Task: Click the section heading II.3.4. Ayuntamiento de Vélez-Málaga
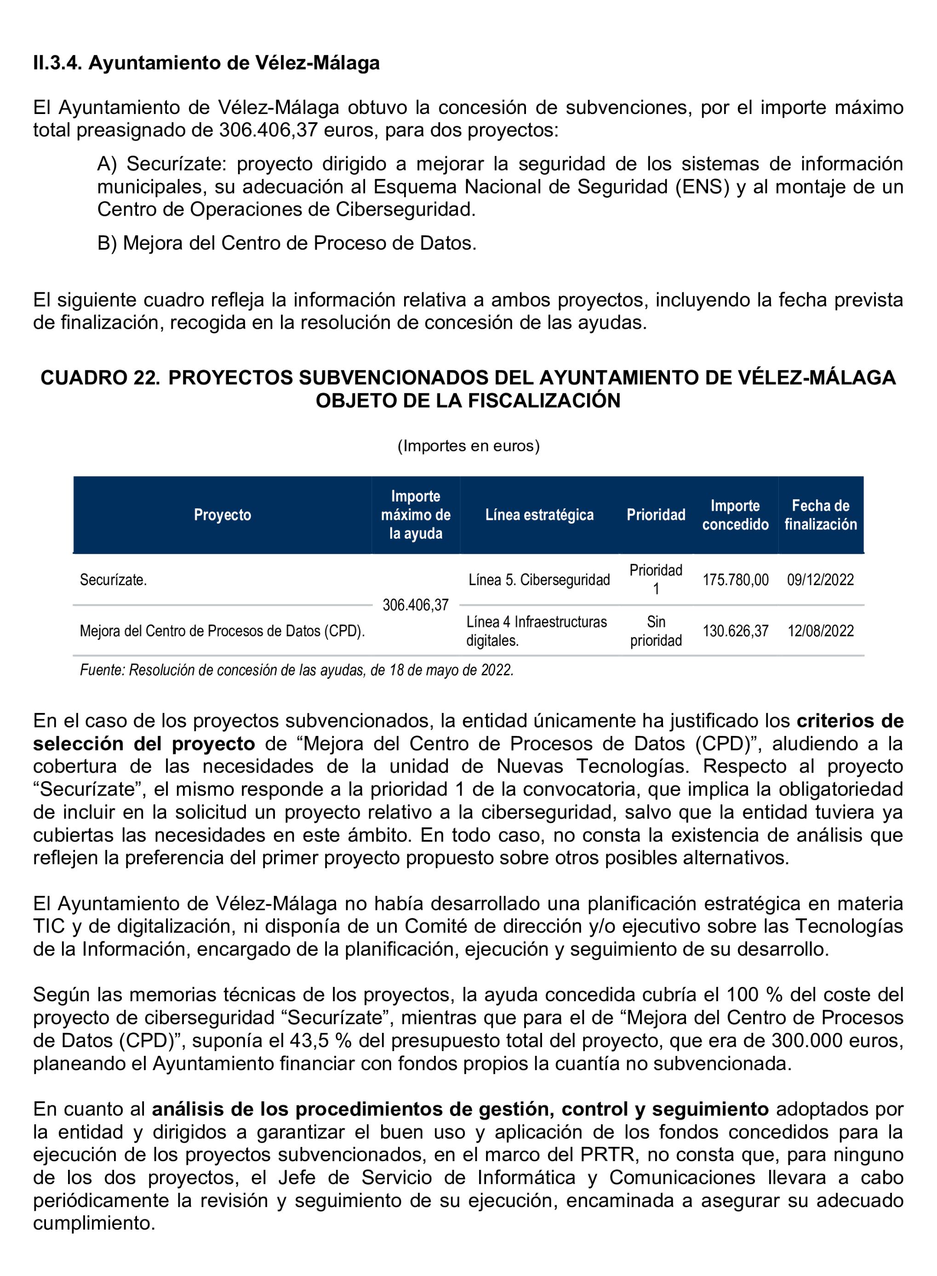(x=206, y=63)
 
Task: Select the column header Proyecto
(x=223, y=514)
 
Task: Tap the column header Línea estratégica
(x=539, y=514)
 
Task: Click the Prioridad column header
(x=656, y=514)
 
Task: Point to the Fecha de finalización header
(x=820, y=514)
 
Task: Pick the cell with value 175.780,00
(x=735, y=580)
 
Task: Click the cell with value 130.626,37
(x=735, y=631)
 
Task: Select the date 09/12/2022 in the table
(x=820, y=580)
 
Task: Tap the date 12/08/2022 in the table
(x=820, y=631)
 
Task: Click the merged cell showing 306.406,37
(x=415, y=605)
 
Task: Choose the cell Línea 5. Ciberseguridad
(x=539, y=580)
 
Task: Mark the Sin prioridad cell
(x=656, y=631)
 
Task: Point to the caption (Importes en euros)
(x=468, y=446)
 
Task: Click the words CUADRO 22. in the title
(x=100, y=378)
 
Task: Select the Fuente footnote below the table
(x=297, y=670)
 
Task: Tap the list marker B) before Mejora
(x=107, y=243)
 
